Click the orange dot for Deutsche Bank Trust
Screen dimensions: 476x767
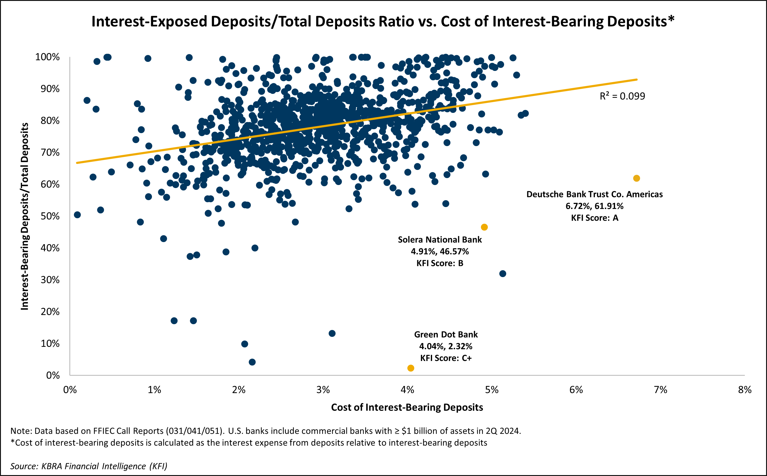coord(636,178)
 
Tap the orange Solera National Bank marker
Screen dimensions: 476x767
coord(484,227)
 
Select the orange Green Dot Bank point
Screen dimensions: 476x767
coord(411,368)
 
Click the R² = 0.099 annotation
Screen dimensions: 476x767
coord(622,96)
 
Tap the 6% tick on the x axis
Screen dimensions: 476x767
coord(576,390)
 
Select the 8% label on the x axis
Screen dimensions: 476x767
coord(745,390)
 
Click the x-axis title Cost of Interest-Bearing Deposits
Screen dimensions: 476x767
coord(407,407)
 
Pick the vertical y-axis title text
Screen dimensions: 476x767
coord(24,216)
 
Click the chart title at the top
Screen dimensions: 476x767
coord(383,21)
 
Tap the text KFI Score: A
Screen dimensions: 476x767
coord(594,218)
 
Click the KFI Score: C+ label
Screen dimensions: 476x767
coord(446,358)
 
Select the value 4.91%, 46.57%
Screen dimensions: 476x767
coord(440,251)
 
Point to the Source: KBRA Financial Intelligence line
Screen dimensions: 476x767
coord(89,466)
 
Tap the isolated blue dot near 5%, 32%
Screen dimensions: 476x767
coord(503,273)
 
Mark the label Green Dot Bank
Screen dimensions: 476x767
coord(446,334)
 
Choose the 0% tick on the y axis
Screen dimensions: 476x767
coord(53,375)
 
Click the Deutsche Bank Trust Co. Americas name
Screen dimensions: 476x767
coord(594,194)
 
